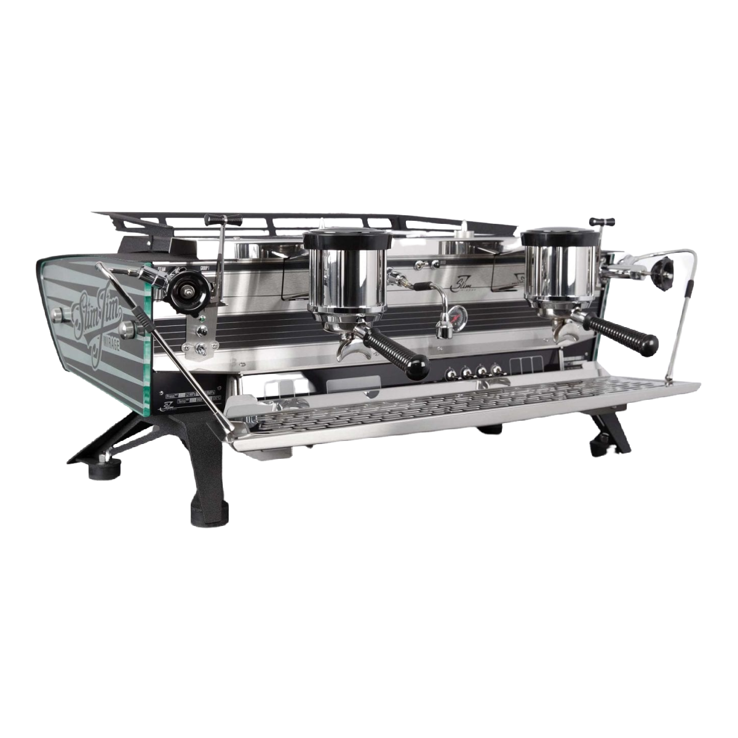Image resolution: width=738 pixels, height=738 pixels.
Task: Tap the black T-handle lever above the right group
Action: [601, 221]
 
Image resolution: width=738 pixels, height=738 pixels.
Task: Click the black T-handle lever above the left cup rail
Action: [216, 219]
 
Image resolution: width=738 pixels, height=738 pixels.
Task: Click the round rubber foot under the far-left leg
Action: [99, 471]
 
